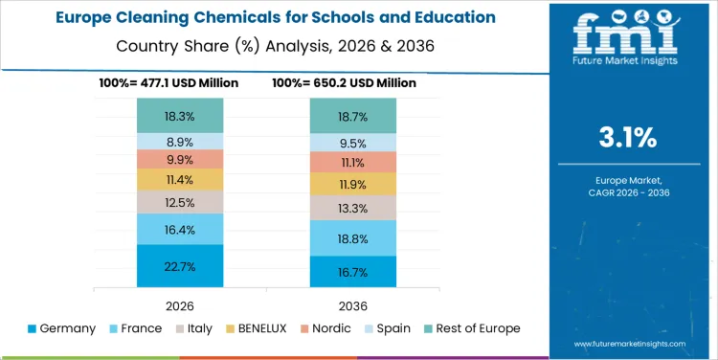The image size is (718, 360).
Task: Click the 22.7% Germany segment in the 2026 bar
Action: click(180, 266)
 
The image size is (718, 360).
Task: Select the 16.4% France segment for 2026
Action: click(180, 229)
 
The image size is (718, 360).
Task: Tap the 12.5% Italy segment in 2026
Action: click(180, 202)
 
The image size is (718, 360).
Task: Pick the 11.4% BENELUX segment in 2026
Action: click(180, 179)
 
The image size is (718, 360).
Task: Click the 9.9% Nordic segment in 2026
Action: click(180, 159)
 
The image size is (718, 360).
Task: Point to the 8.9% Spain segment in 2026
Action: click(180, 141)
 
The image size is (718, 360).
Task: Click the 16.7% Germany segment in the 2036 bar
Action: click(353, 272)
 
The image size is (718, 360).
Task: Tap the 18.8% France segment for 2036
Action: click(353, 238)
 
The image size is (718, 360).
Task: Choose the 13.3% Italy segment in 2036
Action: click(353, 208)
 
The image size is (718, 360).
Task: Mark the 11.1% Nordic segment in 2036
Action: click(353, 162)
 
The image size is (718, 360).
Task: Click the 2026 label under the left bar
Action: click(180, 304)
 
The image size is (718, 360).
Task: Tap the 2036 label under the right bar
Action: click(353, 304)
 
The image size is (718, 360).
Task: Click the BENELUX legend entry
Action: click(257, 328)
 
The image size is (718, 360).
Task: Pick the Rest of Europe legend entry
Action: click(470, 328)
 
